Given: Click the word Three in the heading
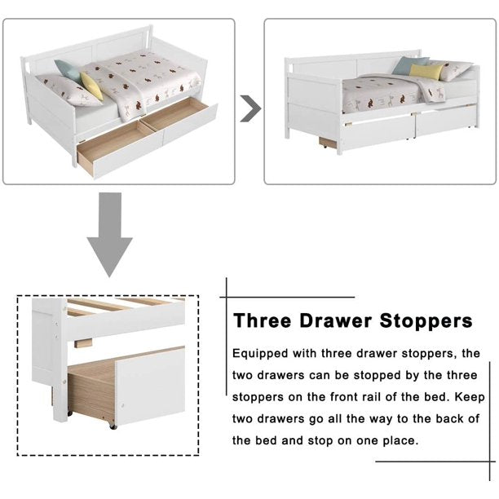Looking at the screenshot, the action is (263, 320).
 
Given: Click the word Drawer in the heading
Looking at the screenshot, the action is (335, 320).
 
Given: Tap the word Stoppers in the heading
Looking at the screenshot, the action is (426, 321).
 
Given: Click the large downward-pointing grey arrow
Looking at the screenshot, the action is (110, 235).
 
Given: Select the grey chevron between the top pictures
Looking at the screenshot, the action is (250, 108).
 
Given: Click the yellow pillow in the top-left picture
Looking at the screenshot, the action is (91, 86).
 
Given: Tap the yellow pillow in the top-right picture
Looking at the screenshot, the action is (426, 72).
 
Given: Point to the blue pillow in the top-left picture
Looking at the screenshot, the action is (68, 71).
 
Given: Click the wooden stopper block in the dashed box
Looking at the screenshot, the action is (83, 343).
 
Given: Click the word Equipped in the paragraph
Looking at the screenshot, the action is (260, 354).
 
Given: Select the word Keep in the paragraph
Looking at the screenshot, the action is (470, 397).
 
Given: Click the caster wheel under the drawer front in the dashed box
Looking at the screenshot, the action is (112, 426).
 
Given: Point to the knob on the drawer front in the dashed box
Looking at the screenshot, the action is (122, 405).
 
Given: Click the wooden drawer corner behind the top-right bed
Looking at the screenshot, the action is (328, 143).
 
